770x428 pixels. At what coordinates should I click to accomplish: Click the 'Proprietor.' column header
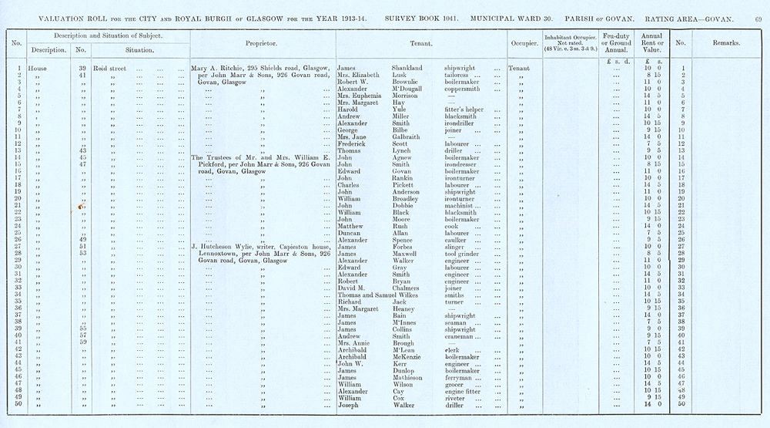pyautogui.click(x=261, y=43)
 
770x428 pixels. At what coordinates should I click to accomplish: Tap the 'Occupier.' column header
pyautogui.click(x=524, y=43)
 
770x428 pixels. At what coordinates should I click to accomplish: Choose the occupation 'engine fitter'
pyautogui.click(x=467, y=390)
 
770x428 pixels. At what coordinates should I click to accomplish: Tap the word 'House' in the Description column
pyautogui.click(x=38, y=68)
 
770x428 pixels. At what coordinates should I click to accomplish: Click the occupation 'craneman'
pyautogui.click(x=464, y=335)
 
